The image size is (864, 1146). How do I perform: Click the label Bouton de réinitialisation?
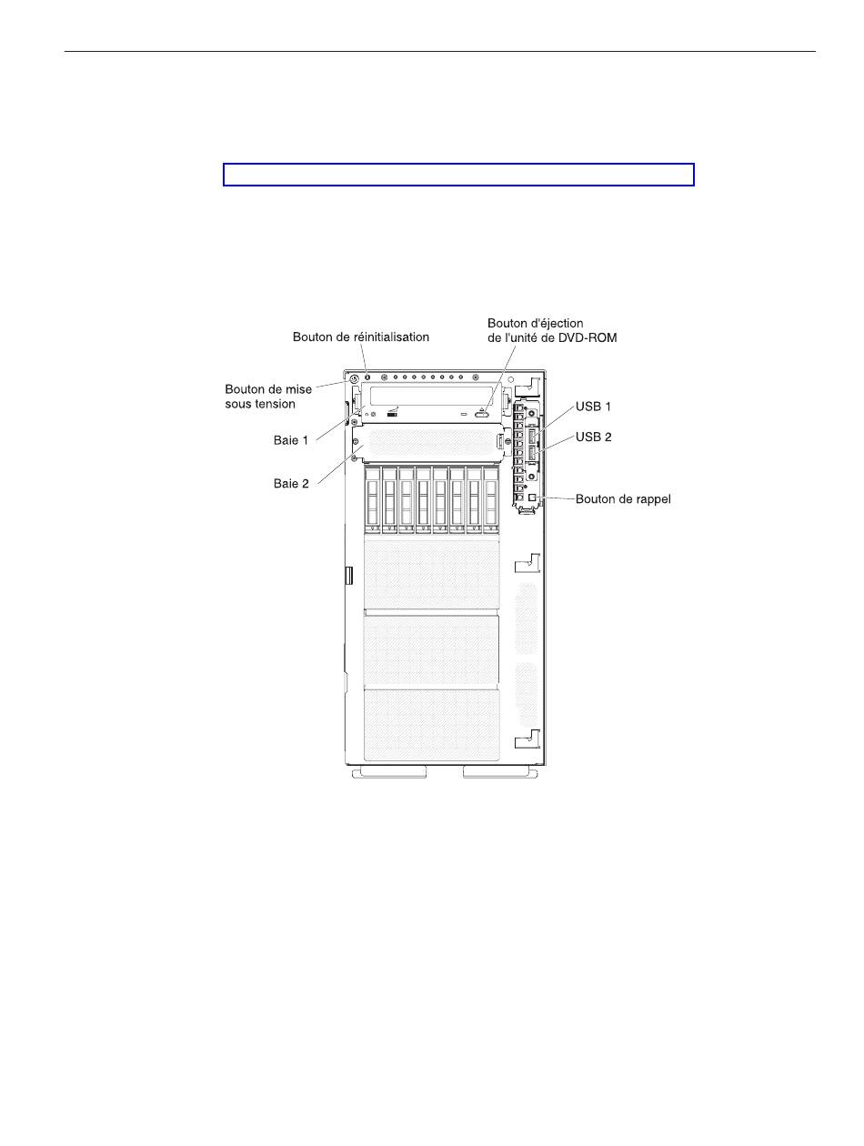[360, 337]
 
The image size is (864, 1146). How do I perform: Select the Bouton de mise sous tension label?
[268, 397]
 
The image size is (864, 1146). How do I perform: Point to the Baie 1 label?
[291, 440]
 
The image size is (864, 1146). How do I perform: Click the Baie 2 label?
[291, 484]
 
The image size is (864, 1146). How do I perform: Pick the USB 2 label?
[594, 437]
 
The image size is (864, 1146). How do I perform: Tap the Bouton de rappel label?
[623, 499]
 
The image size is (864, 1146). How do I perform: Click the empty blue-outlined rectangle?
[458, 175]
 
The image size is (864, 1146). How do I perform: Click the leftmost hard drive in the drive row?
[372, 499]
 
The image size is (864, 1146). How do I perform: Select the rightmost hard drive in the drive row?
[491, 499]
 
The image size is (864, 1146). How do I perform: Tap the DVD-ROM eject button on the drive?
[483, 414]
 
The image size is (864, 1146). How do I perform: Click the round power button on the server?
[354, 377]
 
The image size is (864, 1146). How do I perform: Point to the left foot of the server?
[389, 772]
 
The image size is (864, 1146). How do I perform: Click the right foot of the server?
[500, 772]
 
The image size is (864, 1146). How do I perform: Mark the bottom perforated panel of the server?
[431, 725]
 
